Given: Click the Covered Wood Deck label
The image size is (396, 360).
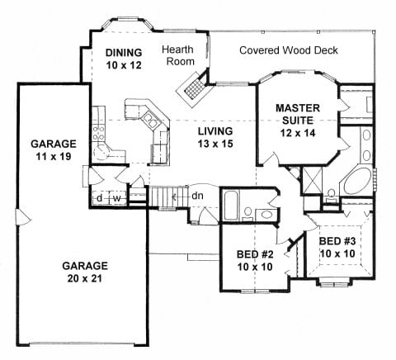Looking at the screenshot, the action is (x=289, y=50).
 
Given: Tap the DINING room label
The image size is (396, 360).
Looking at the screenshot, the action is (x=124, y=52).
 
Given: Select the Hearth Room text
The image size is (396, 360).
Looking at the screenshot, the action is (x=178, y=55).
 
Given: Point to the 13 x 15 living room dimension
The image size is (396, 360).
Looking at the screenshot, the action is (x=215, y=144).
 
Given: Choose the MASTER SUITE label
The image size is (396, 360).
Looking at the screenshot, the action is (x=298, y=114).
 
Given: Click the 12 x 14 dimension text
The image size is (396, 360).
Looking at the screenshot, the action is (x=298, y=133).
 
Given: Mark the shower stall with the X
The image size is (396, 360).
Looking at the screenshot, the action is (x=312, y=181).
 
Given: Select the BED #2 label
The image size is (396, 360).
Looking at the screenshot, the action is (x=255, y=254).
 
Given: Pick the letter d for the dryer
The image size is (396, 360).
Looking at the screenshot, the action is (x=100, y=198).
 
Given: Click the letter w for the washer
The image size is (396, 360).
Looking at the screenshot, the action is (x=117, y=198).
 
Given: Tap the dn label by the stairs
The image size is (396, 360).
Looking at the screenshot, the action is (x=197, y=196).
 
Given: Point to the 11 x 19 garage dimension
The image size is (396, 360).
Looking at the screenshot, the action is (x=54, y=157).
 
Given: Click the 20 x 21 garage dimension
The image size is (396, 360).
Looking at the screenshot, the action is (x=85, y=278).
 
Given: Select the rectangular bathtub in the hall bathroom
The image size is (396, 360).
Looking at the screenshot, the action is (x=231, y=206).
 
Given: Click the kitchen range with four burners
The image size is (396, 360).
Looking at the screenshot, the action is (x=98, y=133).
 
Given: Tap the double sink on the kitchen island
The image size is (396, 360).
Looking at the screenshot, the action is (x=151, y=121).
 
